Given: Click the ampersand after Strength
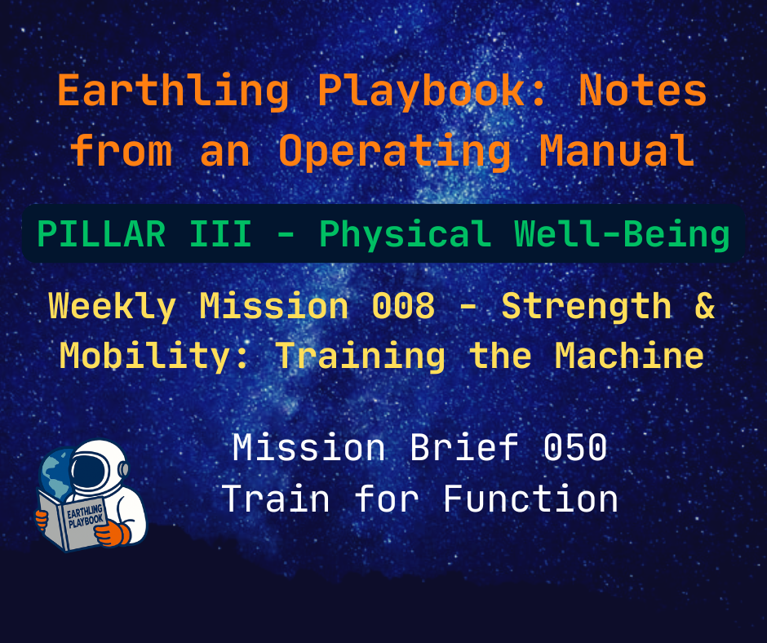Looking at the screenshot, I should (703, 307).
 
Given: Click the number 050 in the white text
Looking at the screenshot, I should (576, 448).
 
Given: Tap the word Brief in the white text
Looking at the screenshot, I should (468, 448).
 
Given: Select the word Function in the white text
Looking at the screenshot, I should (530, 499).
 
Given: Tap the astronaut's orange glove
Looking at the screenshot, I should (111, 534).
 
